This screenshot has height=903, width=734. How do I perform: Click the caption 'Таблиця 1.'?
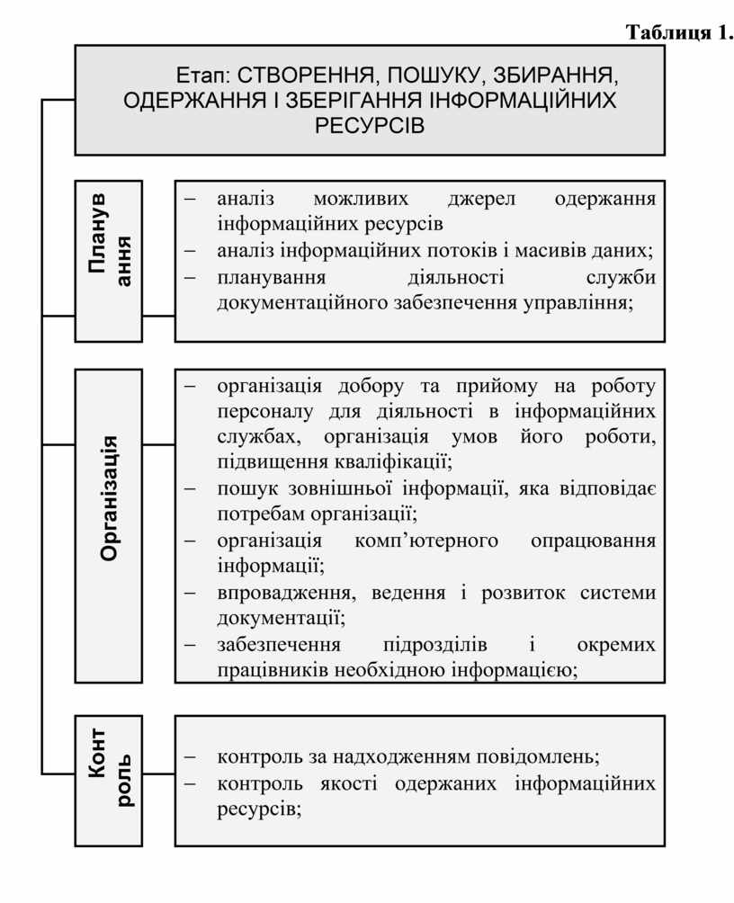(679, 32)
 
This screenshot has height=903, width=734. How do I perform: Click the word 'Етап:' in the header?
(203, 75)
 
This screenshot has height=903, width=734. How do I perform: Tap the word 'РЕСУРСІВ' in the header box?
(370, 125)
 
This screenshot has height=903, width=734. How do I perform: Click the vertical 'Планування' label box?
(108, 262)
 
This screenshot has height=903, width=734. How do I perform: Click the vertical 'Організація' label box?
(108, 526)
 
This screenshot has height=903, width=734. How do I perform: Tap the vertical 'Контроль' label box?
(108, 781)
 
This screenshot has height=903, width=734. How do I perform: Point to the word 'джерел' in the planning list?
(481, 200)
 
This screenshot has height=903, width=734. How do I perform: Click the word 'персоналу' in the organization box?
(265, 412)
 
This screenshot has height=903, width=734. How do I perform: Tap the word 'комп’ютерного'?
(426, 541)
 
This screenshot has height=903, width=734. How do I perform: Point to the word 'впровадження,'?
(286, 594)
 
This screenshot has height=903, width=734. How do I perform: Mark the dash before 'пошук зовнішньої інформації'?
(190, 488)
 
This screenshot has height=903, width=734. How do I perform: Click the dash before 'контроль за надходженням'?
(190, 757)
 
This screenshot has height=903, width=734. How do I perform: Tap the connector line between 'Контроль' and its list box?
(158, 773)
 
